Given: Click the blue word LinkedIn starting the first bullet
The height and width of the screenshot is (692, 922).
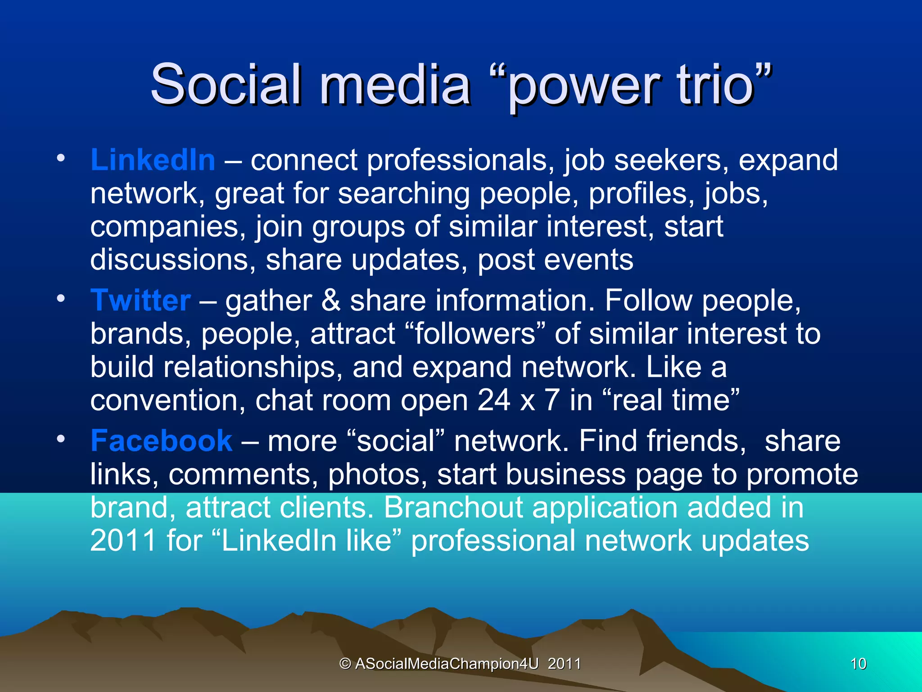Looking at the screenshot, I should click(153, 160).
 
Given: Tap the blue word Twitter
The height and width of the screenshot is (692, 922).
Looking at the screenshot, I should click(140, 300).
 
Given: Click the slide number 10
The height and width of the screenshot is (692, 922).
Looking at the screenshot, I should click(858, 664).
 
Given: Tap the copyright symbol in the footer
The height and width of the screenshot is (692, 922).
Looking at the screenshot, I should click(345, 664).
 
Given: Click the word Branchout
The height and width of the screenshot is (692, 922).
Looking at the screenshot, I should click(453, 508).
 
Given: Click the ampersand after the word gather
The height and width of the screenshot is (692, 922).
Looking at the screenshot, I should click(331, 300).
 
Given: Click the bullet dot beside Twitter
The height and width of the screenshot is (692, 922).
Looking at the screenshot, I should click(61, 298).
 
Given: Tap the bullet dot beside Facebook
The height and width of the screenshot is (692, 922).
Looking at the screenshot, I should click(61, 438).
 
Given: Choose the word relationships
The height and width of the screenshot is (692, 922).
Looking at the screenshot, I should click(249, 367).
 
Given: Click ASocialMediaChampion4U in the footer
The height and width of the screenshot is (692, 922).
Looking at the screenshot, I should click(447, 664).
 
